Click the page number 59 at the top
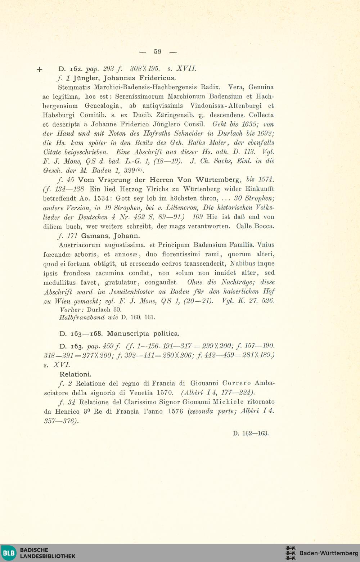click(x=158, y=51)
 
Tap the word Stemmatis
click(x=75, y=87)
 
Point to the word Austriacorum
click(x=76, y=245)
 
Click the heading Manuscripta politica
click(x=143, y=333)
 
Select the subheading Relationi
click(x=75, y=374)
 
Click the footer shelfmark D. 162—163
click(x=251, y=433)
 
